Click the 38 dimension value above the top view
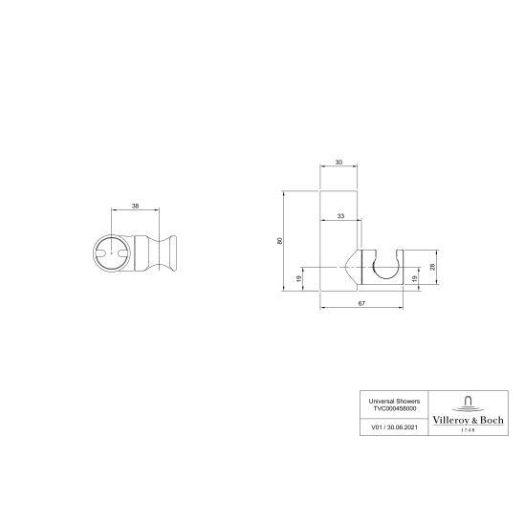coord(135,206)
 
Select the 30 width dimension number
coord(338,163)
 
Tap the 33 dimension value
coord(341,217)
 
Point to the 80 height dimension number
coord(279,241)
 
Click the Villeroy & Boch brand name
coord(468,417)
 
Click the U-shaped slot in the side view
coord(383,266)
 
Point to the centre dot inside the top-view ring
coord(113,252)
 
